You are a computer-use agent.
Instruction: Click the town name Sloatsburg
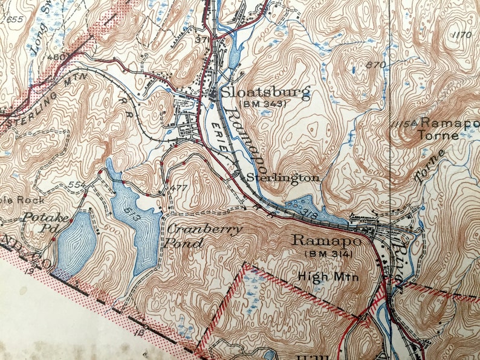pos(265,92)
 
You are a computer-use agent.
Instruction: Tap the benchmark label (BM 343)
pos(262,104)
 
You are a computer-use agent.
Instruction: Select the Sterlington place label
pos(282,178)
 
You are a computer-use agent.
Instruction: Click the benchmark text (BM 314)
pos(327,254)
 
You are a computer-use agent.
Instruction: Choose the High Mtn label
pos(329,277)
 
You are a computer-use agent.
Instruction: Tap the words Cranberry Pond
pos(204,234)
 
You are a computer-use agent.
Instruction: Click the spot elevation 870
pos(376,65)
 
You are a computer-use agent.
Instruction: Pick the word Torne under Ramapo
pos(437,135)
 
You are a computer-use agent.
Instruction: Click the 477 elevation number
pos(179,188)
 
